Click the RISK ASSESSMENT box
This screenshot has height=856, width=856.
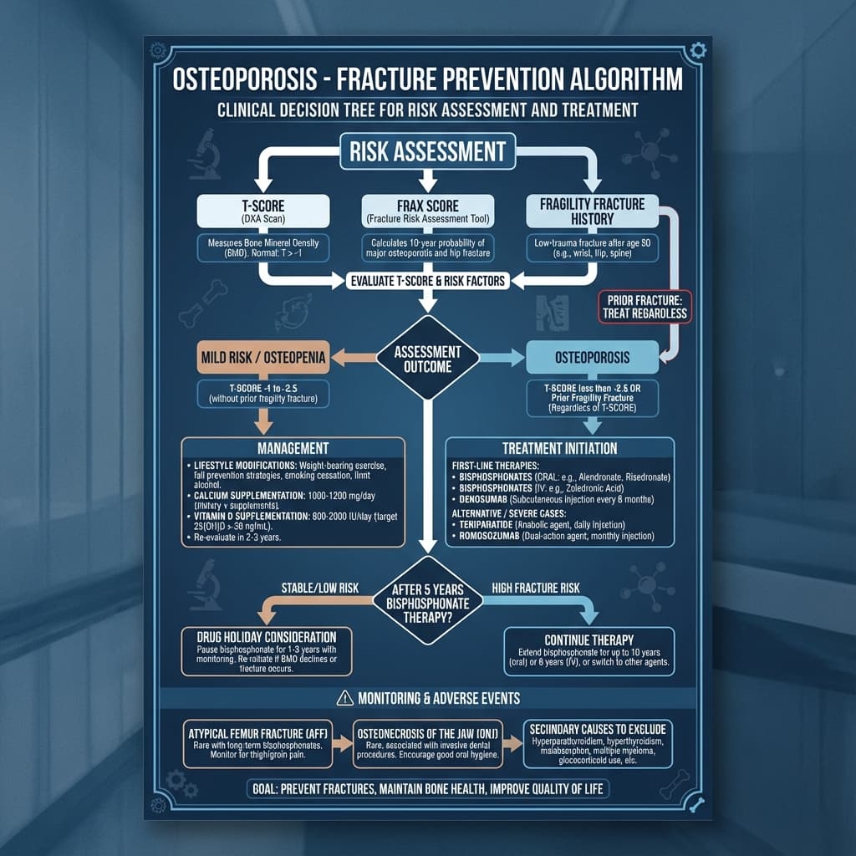coord(427,151)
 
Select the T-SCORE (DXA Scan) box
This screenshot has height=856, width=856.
coord(259,211)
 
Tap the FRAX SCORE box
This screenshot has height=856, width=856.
coord(427,211)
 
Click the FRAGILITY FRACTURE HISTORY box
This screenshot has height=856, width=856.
coord(592,211)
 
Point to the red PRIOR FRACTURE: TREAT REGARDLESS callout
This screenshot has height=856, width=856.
coord(644,307)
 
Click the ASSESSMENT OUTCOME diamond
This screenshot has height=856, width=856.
coord(427,358)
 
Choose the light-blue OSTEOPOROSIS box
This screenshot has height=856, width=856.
coord(592,357)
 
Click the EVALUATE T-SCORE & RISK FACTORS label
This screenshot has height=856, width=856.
coord(427,281)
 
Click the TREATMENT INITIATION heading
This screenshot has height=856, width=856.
coord(560,448)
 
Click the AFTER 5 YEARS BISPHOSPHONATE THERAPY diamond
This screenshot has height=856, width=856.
coord(427,599)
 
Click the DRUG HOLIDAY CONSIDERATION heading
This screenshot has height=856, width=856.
coord(266,637)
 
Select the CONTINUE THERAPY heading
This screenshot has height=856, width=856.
coord(588,639)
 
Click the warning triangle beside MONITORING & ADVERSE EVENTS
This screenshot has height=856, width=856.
coord(343,698)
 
